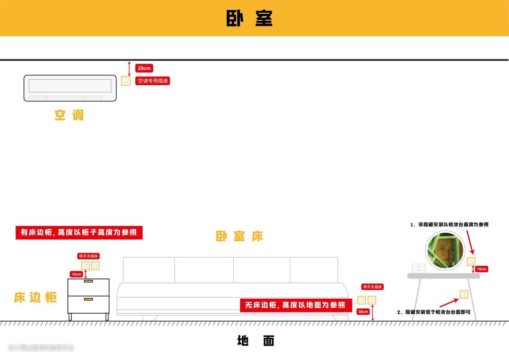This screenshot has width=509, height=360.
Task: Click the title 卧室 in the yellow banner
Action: [249, 18]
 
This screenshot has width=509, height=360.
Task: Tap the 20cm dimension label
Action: [144, 68]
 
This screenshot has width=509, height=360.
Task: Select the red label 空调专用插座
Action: [153, 81]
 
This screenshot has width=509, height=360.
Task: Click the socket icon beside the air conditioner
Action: [126, 81]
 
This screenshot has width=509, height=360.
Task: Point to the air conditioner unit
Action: [70, 88]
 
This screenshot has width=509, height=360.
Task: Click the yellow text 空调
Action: [69, 115]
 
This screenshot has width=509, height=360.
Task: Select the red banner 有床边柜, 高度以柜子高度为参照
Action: [79, 233]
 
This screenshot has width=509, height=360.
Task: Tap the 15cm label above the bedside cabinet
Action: [76, 274]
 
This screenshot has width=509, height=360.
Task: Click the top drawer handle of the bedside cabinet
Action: [89, 281]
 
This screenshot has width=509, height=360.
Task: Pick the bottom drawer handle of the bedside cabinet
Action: [89, 299]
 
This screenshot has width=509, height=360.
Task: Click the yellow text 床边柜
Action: [35, 297]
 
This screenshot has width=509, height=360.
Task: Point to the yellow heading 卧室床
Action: [239, 237]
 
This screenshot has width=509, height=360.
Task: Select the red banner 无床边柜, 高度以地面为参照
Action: [296, 305]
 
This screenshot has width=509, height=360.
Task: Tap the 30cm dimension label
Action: [363, 311]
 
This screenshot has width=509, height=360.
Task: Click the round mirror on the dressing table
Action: [445, 251]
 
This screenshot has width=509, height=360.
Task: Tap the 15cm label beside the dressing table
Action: [481, 269]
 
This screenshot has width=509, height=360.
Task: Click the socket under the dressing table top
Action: [464, 294]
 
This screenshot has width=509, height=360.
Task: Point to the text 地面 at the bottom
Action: [255, 341]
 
